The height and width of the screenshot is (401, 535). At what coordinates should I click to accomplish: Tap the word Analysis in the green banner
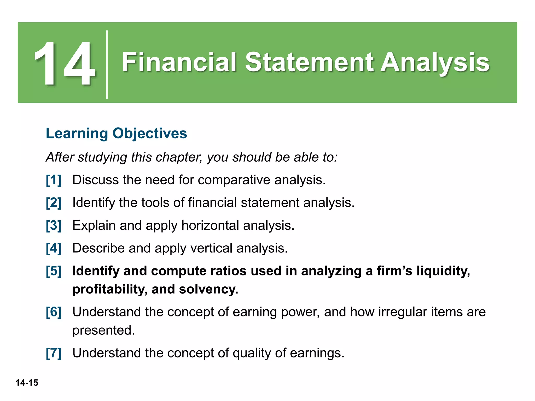[435, 63]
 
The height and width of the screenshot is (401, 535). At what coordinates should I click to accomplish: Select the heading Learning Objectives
[116, 133]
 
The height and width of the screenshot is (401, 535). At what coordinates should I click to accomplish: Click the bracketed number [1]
[54, 180]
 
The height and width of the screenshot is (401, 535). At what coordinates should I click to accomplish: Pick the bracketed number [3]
[54, 226]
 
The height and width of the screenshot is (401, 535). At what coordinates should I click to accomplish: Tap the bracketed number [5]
[54, 271]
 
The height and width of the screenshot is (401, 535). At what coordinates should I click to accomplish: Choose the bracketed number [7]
[54, 353]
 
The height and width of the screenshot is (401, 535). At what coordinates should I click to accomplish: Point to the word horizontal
[210, 226]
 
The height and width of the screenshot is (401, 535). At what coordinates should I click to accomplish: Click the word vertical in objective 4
[211, 248]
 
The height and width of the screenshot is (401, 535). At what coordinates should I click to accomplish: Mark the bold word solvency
[208, 289]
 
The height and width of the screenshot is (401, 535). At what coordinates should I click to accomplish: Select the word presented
[103, 331]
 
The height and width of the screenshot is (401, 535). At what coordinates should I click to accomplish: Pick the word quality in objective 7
[252, 353]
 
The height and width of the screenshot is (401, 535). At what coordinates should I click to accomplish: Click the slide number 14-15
[27, 383]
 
